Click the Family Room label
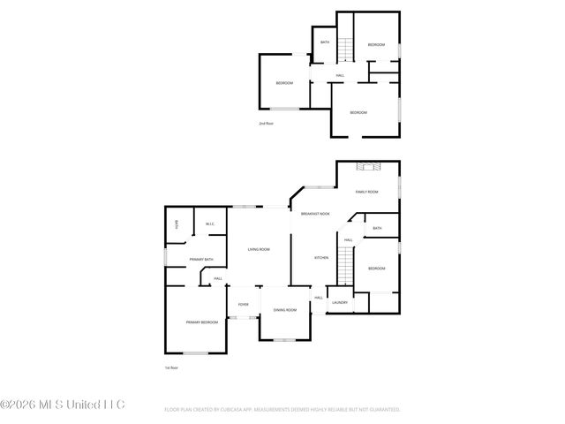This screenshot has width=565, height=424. click(x=366, y=192)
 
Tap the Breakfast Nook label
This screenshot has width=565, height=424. click(x=315, y=215)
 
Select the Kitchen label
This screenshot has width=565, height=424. click(x=322, y=258)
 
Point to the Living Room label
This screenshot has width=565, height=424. click(x=258, y=249)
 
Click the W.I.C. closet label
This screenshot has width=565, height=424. click(x=209, y=224)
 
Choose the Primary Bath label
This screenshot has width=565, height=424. click(x=201, y=259)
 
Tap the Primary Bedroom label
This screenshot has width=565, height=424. click(x=202, y=322)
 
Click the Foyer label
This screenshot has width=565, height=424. click(x=243, y=305)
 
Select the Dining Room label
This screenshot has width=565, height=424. click(x=284, y=310)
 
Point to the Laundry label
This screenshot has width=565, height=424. click(x=340, y=303)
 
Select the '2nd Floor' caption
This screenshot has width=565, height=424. click(x=266, y=124)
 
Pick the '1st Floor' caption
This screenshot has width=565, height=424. click(x=172, y=367)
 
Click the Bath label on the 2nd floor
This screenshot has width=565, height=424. click(x=325, y=42)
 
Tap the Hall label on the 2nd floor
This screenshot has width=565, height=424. click(x=340, y=75)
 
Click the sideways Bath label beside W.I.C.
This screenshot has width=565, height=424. click(x=177, y=224)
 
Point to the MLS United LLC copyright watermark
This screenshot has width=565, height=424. click(x=63, y=405)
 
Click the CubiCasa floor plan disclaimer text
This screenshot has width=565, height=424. click(x=282, y=410)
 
